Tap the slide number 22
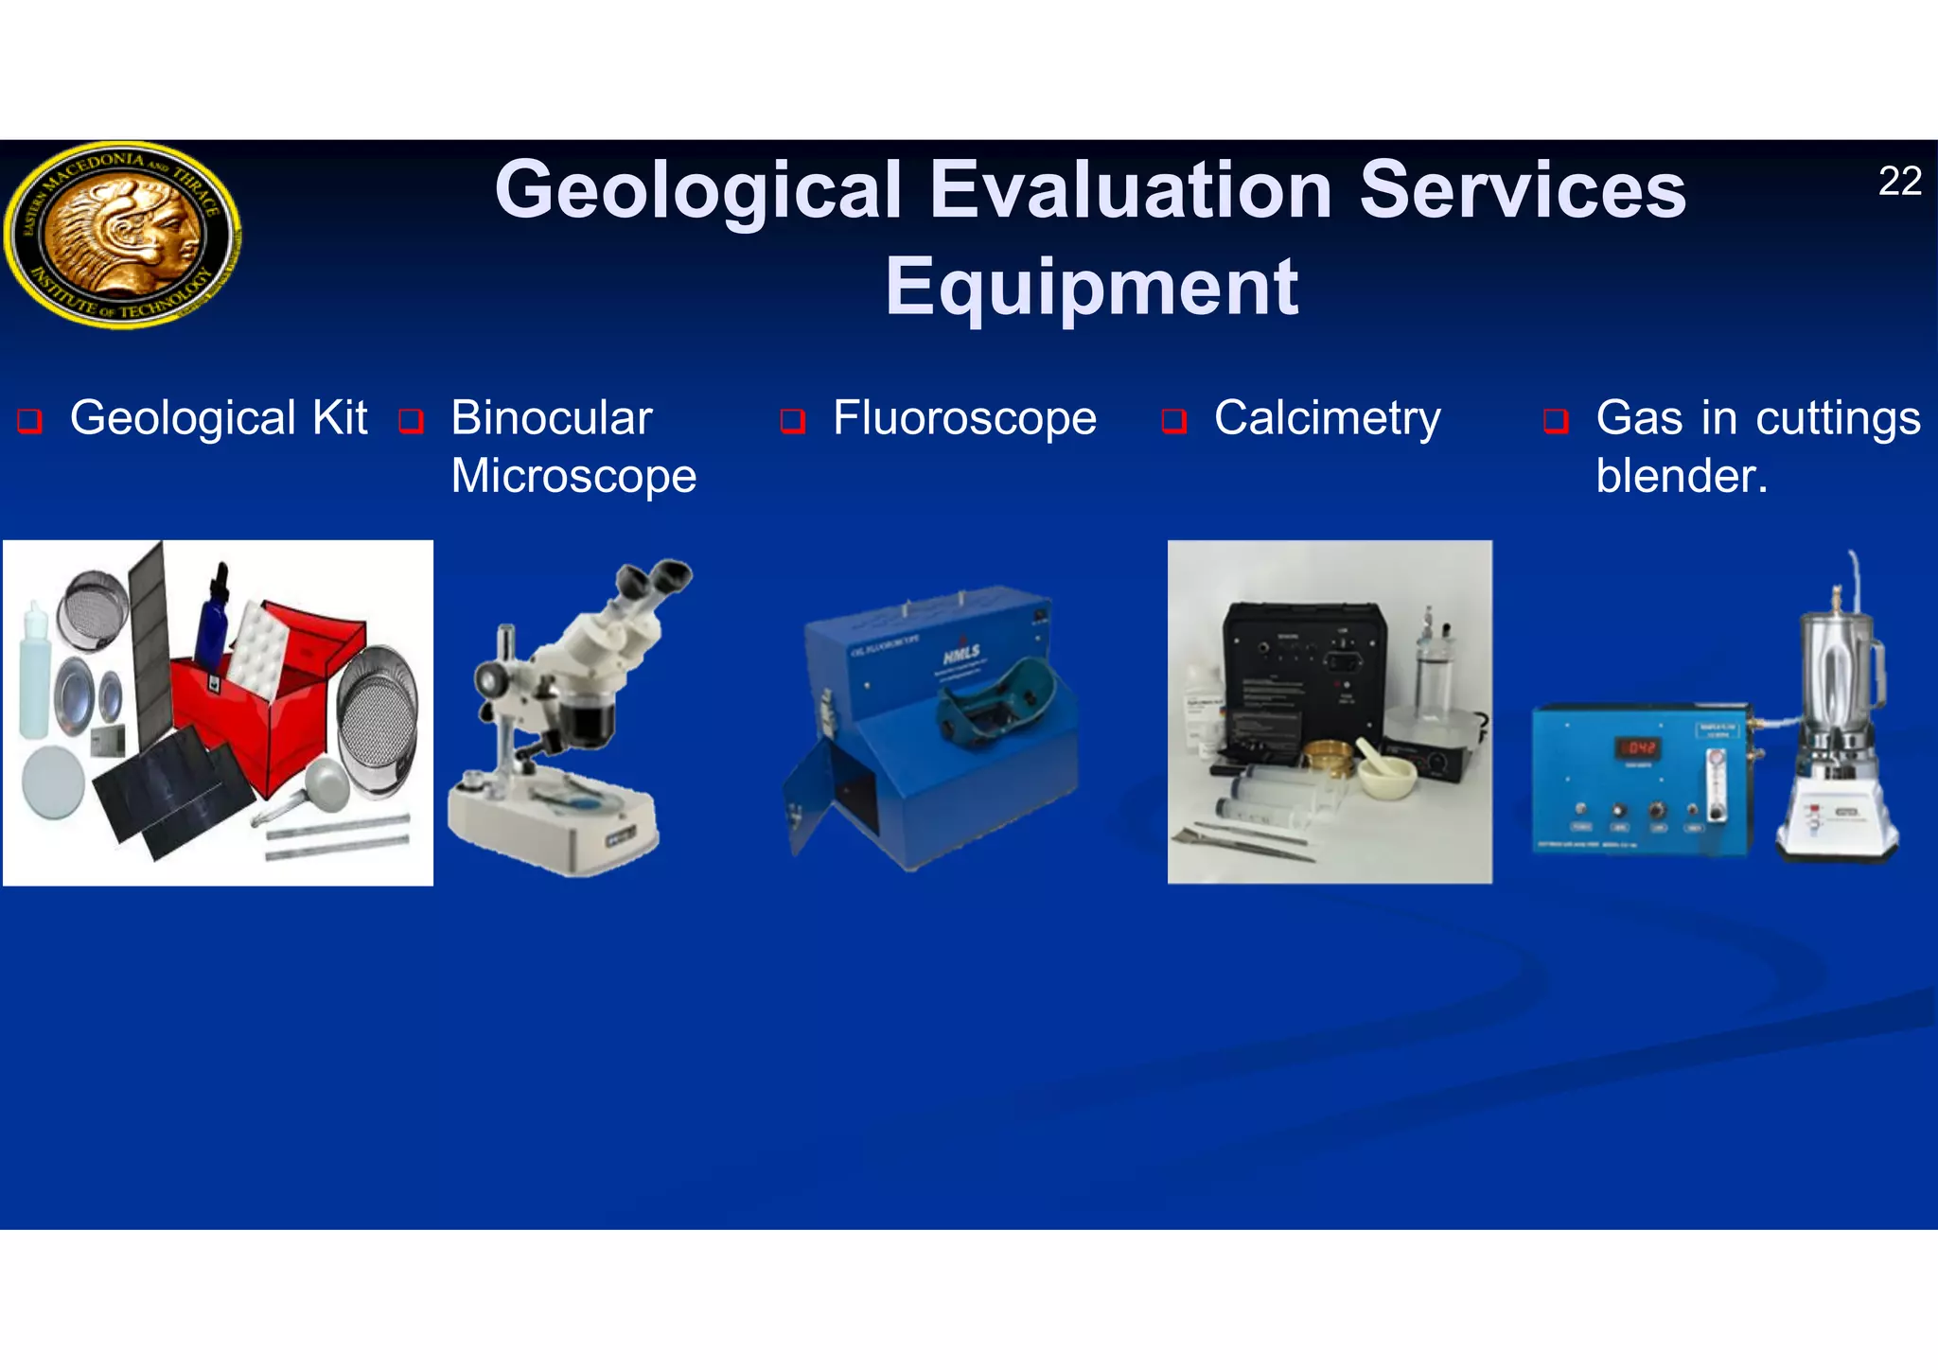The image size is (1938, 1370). pyautogui.click(x=1898, y=181)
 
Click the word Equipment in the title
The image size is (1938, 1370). pyautogui.click(x=1091, y=287)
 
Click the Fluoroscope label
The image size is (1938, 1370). pyautogui.click(x=963, y=418)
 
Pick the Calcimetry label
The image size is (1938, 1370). pyautogui.click(x=1327, y=418)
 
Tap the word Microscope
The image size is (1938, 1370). pyautogui.click(x=573, y=476)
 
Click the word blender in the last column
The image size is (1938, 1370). pyautogui.click(x=1679, y=476)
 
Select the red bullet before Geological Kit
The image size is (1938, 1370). pyautogui.click(x=29, y=420)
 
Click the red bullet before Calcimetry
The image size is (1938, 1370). pyautogui.click(x=1173, y=420)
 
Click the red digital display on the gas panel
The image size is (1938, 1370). pyautogui.click(x=1641, y=748)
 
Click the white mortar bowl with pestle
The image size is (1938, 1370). pyautogui.click(x=1386, y=777)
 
